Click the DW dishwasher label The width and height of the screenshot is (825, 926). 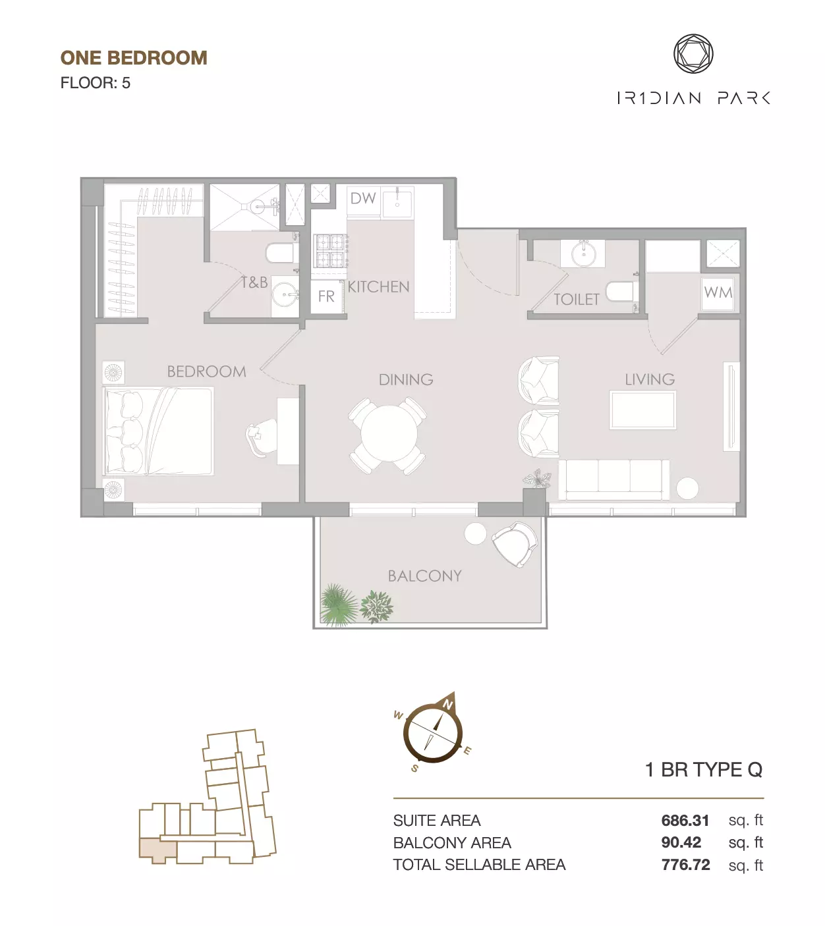(x=363, y=198)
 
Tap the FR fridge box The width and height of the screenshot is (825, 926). (x=327, y=296)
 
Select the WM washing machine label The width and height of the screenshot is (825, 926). (x=718, y=292)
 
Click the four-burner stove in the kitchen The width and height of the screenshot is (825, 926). (x=329, y=251)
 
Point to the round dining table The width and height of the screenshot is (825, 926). (x=389, y=434)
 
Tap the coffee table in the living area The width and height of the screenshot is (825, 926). (x=642, y=410)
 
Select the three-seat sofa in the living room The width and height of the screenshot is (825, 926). (x=613, y=480)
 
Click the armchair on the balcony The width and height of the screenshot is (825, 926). (x=515, y=544)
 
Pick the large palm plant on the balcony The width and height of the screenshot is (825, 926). (x=338, y=604)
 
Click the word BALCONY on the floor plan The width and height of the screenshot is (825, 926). (x=425, y=576)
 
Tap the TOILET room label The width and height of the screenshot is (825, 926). (x=576, y=300)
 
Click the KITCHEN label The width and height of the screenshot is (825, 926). (x=379, y=286)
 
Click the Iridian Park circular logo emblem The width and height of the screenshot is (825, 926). (x=693, y=53)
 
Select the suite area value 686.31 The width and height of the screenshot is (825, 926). (x=685, y=820)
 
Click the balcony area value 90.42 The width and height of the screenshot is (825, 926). (x=681, y=842)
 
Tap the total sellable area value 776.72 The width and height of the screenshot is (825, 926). (x=685, y=864)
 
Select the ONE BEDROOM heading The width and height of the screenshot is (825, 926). (x=134, y=58)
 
